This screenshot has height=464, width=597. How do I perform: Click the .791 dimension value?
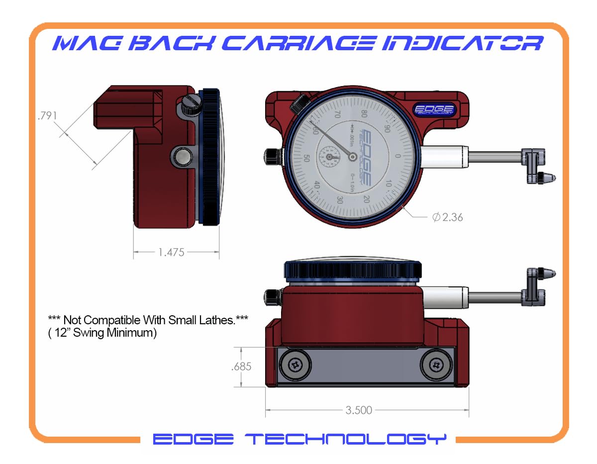pyautogui.click(x=48, y=116)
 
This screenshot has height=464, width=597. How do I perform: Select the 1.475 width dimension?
pyautogui.click(x=171, y=253)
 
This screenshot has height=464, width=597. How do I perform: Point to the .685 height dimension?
pyautogui.click(x=241, y=367)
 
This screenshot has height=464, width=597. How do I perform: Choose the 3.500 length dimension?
pyautogui.click(x=359, y=410)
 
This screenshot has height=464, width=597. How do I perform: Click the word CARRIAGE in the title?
pyautogui.click(x=278, y=43)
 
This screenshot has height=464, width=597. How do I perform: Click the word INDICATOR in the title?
pyautogui.click(x=460, y=43)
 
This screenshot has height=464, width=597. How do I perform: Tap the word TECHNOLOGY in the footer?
pyautogui.click(x=346, y=439)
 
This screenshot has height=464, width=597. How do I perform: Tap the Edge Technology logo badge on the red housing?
pyautogui.click(x=433, y=109)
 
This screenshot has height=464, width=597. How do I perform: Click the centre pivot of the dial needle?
pyautogui.click(x=352, y=157)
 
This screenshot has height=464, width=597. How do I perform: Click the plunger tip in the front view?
pyautogui.click(x=547, y=178)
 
